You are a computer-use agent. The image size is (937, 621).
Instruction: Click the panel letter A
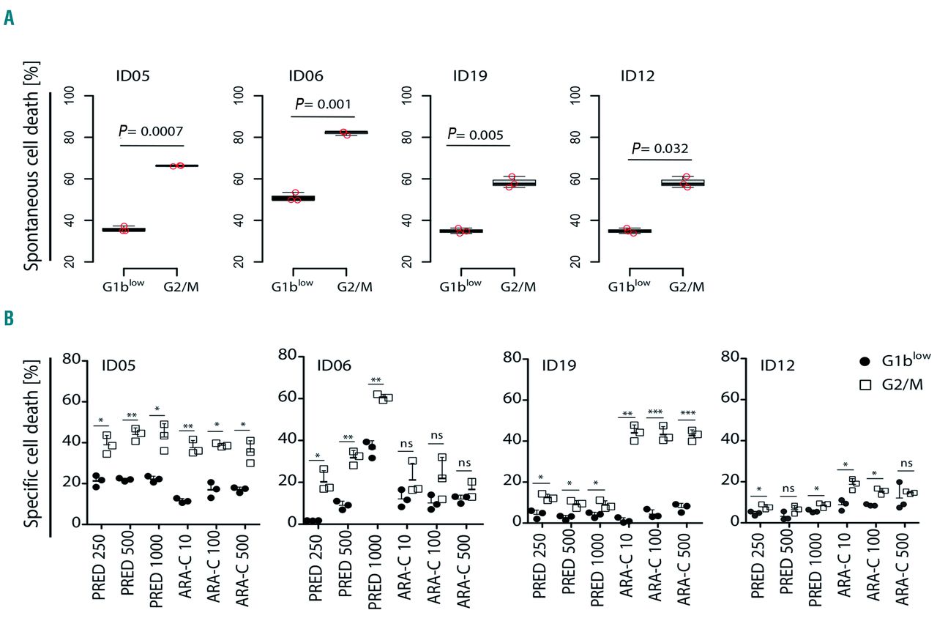coord(9,18)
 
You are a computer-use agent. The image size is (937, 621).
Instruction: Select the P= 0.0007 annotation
coord(151,131)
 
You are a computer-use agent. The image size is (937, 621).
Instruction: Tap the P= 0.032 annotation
coord(658,149)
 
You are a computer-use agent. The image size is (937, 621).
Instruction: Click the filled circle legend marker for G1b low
coord(864,361)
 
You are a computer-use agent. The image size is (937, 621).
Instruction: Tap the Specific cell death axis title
coord(31,447)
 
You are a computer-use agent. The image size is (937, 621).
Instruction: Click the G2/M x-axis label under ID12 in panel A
coord(687,286)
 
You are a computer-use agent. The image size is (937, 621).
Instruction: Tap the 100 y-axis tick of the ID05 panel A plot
coord(70,95)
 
